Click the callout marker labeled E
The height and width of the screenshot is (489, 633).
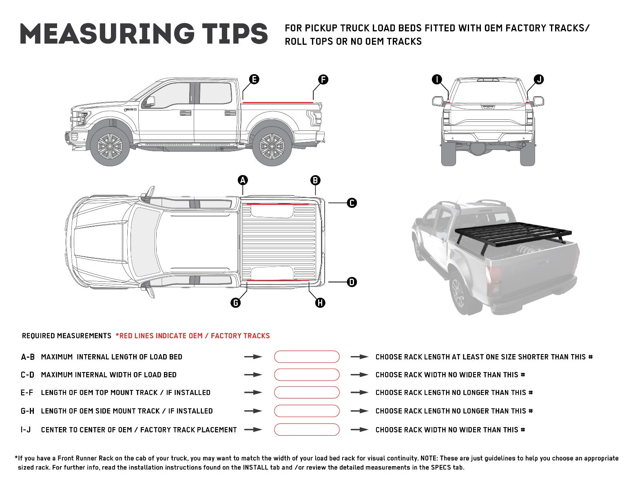[254, 79]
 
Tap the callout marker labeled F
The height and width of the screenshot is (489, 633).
[323, 79]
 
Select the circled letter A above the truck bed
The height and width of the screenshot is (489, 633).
[243, 180]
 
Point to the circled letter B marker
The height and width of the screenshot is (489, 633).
[315, 180]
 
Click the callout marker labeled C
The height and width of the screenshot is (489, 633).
[352, 203]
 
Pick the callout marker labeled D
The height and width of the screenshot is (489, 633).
[352, 282]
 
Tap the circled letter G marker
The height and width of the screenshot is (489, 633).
[235, 302]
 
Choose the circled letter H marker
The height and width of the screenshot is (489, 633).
[320, 302]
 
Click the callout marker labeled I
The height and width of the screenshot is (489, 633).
[437, 79]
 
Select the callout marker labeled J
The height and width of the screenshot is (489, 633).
[539, 79]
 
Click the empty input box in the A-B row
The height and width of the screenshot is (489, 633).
[307, 357]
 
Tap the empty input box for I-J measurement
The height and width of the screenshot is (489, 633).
[307, 430]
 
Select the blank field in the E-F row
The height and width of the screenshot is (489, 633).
[307, 392]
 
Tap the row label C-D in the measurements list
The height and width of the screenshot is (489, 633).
[28, 375]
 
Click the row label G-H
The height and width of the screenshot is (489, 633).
[28, 411]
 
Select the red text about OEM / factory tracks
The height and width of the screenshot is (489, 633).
[193, 336]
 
